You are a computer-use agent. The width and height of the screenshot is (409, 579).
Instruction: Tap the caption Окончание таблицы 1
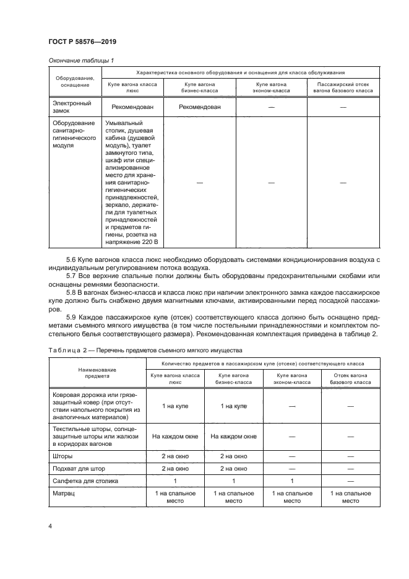tap(80, 60)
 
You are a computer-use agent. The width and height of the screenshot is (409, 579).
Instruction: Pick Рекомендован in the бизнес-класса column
tap(199, 107)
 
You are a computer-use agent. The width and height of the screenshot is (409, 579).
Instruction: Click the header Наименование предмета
tap(93, 372)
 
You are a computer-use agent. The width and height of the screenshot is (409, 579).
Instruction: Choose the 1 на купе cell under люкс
tap(167, 405)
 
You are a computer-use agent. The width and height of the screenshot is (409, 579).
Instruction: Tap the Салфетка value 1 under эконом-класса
tap(292, 481)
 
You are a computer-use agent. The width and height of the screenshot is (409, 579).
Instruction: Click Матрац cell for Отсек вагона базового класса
tap(350, 497)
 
